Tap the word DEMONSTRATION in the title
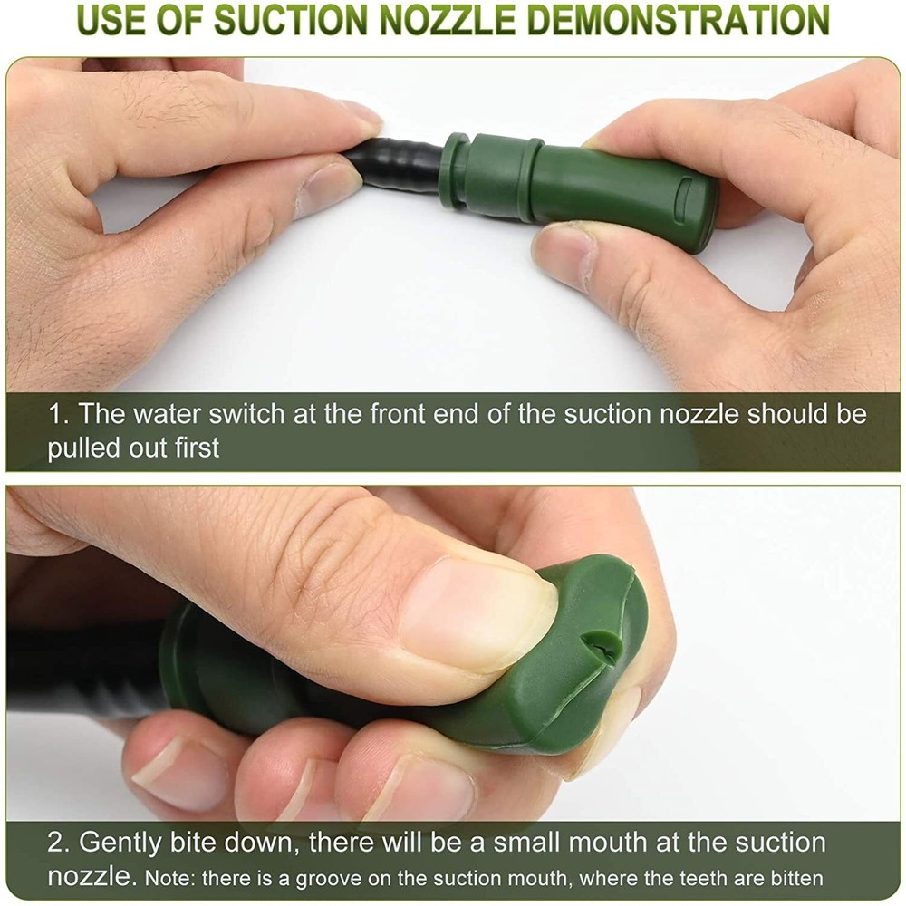click(x=679, y=20)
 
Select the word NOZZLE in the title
click(x=448, y=20)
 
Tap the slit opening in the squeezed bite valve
click(x=604, y=646)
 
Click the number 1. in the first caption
click(x=58, y=415)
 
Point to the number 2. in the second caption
click(x=59, y=843)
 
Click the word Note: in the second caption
click(x=169, y=878)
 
